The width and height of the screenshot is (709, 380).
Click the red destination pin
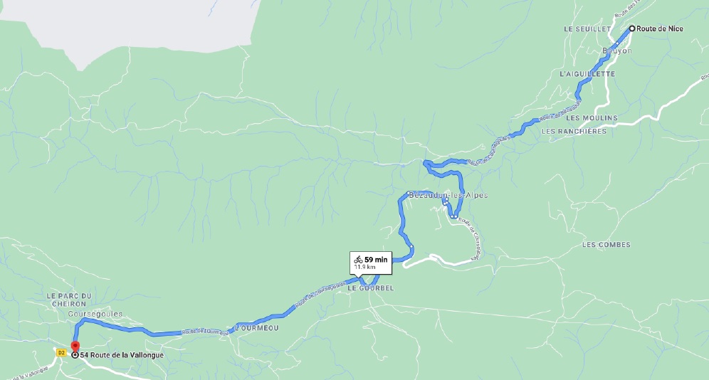75,348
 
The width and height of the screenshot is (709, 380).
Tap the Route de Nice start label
660,29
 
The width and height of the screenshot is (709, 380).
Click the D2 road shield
61,352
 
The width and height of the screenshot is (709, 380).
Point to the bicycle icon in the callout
358,260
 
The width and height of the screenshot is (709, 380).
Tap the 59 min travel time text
376,260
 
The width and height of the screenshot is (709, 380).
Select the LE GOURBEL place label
370,288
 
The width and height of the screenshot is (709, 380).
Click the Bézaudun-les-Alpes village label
448,195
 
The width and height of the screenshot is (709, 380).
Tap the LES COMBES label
606,245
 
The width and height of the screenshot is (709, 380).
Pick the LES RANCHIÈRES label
574,131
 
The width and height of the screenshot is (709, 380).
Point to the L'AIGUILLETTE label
587,74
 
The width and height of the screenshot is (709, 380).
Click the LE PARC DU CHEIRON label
70,299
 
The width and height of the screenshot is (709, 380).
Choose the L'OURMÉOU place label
257,329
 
